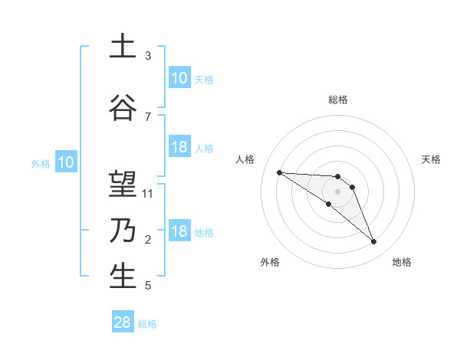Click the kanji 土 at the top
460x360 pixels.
pos(123,47)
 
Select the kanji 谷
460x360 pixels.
pos(123,108)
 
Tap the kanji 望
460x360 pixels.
pos(123,185)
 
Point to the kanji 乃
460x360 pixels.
pos(123,231)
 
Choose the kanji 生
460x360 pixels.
pos(123,277)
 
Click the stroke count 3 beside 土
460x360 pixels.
pos(148,56)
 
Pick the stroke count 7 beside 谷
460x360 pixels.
pos(148,116)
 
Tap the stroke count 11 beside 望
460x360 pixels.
pos(149,193)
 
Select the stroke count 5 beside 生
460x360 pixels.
pos(148,286)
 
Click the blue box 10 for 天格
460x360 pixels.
pos(179,78)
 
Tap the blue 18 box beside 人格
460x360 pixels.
pos(179,147)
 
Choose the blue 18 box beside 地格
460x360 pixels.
pos(179,231)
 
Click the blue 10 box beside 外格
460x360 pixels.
pos(66,162)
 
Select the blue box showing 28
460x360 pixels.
pos(123,323)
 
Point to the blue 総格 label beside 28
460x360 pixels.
pos(147,324)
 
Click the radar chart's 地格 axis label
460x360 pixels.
pos(402,263)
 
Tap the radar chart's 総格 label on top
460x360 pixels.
pos(338,100)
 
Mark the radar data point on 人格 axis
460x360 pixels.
pos(279,172)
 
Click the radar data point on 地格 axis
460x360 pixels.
pos(374,242)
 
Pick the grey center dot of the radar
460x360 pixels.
pos(338,191)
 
